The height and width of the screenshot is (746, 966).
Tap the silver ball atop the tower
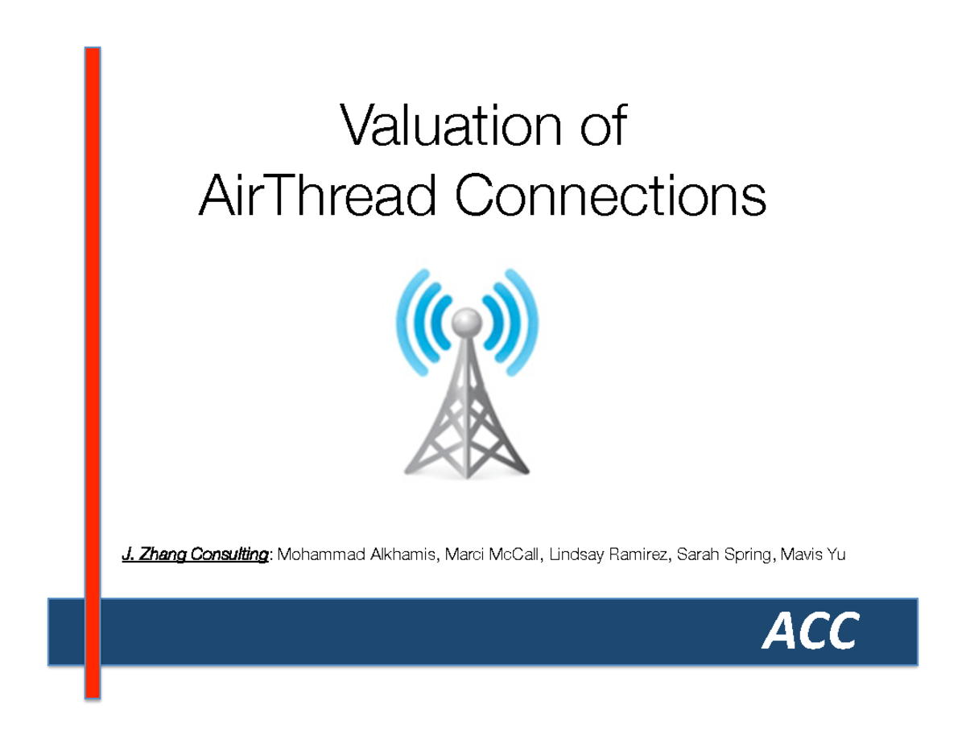pyautogui.click(x=464, y=322)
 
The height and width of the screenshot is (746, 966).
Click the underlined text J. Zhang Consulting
pyautogui.click(x=194, y=554)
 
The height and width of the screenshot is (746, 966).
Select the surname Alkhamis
pyautogui.click(x=400, y=554)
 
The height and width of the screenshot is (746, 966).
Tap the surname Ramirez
pyautogui.click(x=640, y=554)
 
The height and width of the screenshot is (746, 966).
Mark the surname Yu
pyautogui.click(x=836, y=554)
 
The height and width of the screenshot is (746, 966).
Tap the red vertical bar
pyautogui.click(x=93, y=370)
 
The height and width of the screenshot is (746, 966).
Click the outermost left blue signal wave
pyautogui.click(x=406, y=322)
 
